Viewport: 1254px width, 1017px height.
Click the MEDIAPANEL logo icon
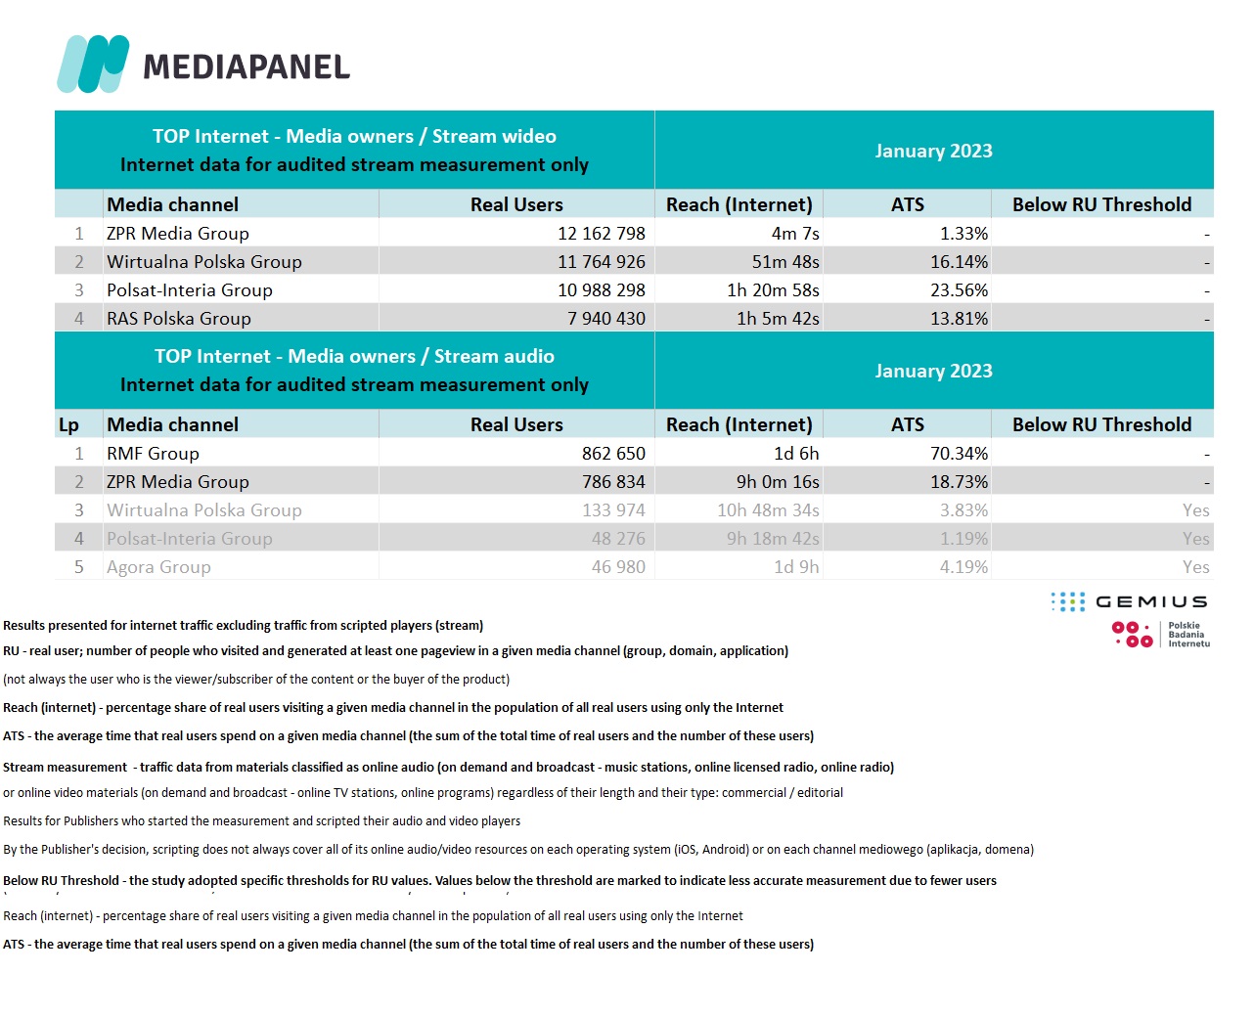[93, 65]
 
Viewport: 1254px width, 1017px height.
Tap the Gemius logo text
[1151, 601]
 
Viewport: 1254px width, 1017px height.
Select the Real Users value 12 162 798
[602, 234]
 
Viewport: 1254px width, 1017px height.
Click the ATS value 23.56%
[959, 290]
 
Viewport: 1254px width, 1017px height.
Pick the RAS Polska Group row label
[179, 319]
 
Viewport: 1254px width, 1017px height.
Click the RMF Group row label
[153, 454]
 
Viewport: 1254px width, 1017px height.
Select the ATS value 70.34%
[959, 454]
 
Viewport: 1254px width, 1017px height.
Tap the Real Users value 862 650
[613, 454]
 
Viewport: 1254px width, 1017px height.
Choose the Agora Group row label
[158, 567]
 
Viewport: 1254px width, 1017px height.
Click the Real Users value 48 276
[618, 539]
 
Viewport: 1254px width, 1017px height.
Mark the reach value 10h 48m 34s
[768, 510]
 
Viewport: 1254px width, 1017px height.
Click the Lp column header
[68, 425]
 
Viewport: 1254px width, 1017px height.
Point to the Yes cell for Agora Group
[1195, 567]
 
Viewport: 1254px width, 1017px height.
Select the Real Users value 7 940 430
[606, 319]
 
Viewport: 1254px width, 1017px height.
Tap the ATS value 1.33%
[963, 234]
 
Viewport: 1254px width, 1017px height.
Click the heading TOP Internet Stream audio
[354, 357]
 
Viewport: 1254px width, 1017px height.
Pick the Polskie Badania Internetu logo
[1161, 635]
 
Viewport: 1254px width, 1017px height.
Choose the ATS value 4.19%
[963, 567]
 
